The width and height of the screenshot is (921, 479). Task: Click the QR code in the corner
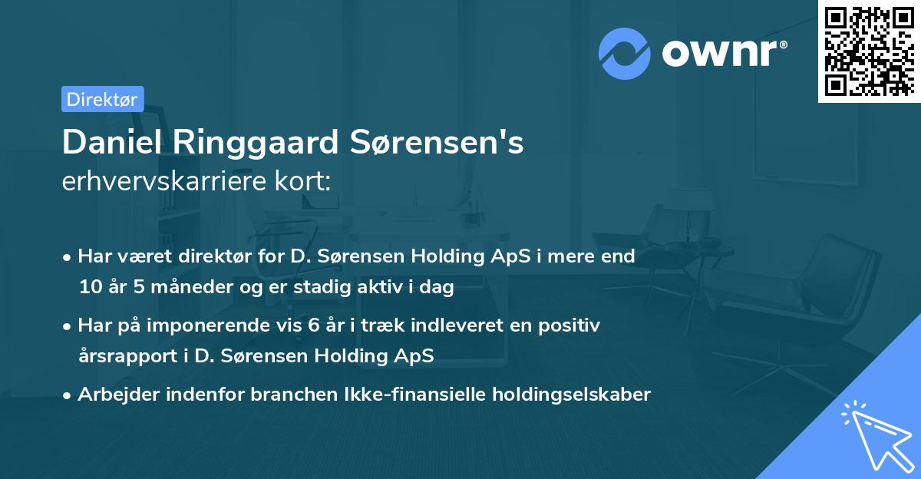pyautogui.click(x=869, y=51)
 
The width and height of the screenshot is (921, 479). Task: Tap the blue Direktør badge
pyautogui.click(x=102, y=99)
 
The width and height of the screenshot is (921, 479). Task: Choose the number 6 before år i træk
pyautogui.click(x=313, y=325)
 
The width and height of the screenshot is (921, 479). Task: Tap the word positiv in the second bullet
pyautogui.click(x=570, y=325)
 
